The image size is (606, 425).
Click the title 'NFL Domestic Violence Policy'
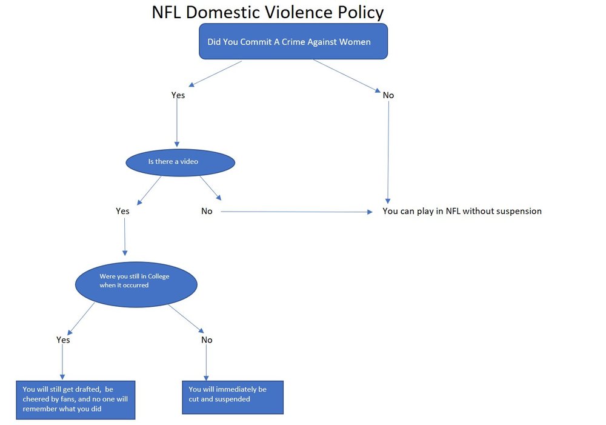click(267, 12)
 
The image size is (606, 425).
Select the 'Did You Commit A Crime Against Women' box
click(293, 41)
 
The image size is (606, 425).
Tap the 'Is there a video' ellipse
click(180, 162)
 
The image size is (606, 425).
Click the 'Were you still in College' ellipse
click(136, 284)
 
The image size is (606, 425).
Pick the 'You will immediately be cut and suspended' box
click(233, 397)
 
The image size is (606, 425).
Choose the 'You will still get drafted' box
click(76, 400)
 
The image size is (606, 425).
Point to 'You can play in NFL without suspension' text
click(462, 211)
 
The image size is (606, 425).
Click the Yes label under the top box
click(178, 95)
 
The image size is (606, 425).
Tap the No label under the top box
click(388, 95)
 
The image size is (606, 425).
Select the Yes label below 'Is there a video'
click(122, 211)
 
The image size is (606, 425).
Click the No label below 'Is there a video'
click(207, 211)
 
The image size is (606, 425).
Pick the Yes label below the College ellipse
click(63, 340)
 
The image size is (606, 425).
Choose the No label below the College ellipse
click(207, 340)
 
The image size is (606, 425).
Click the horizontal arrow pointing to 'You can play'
click(296, 212)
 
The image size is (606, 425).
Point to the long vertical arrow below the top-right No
click(388, 152)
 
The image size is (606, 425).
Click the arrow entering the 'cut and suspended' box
click(207, 363)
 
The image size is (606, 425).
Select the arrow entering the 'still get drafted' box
click(62, 361)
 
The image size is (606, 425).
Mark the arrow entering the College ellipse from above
click(125, 236)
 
